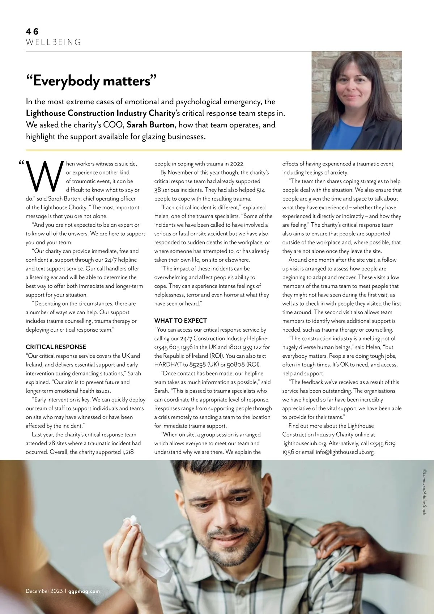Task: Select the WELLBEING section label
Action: click(54, 42)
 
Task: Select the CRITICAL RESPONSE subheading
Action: click(56, 347)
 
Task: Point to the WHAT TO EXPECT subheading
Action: click(180, 321)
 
